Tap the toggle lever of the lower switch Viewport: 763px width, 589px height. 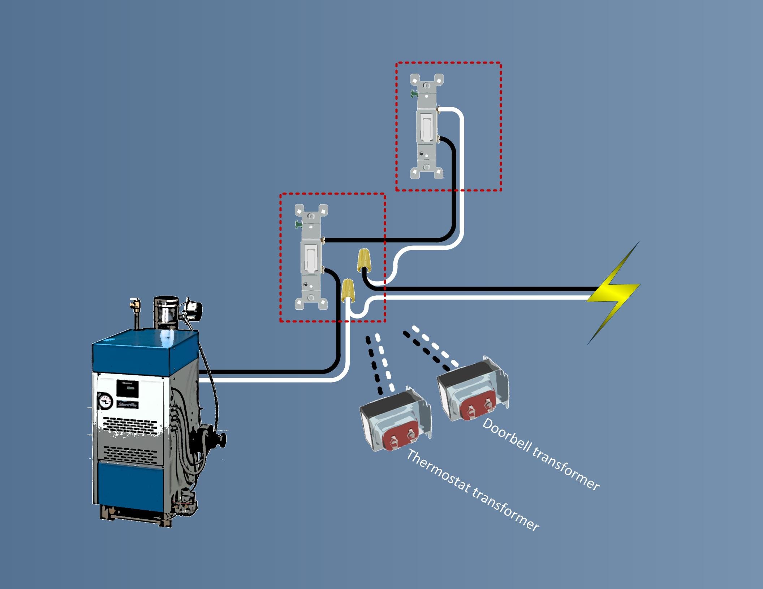[x=310, y=257]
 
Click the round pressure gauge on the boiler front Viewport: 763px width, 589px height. [x=105, y=402]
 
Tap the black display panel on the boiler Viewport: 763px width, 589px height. [x=127, y=389]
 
